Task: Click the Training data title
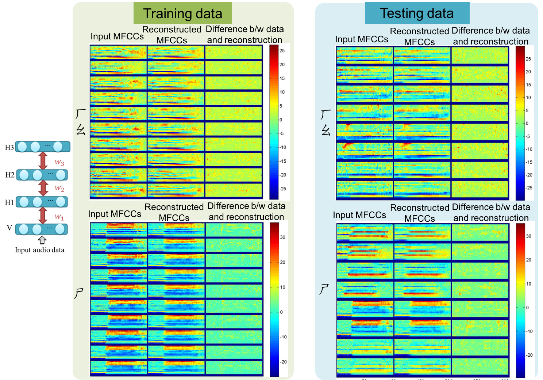182,13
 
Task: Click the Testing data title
417,13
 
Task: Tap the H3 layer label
9,147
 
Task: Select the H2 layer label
9,175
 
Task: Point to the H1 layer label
9,202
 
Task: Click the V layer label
9,228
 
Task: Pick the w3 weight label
59,162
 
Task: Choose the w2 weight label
59,188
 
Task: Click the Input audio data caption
39,250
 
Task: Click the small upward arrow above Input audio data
42,240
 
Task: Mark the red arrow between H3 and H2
43,160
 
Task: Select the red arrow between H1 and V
43,215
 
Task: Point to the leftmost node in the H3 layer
22,147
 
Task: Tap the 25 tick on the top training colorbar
282,51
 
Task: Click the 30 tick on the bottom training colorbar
282,237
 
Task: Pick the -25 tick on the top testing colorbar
529,188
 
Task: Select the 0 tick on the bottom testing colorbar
527,307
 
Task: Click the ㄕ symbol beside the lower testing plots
324,289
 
